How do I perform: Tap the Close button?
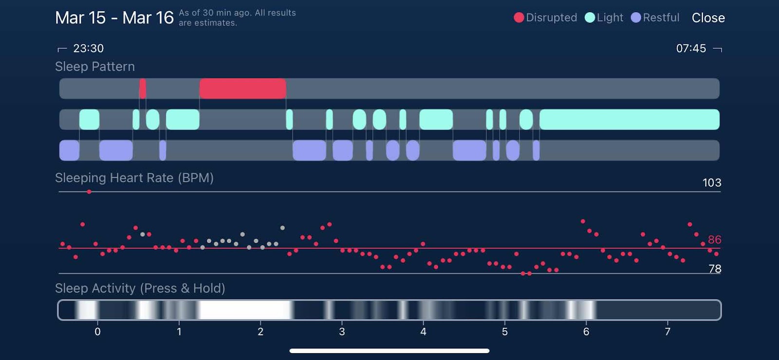(x=708, y=18)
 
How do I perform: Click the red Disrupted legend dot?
(x=519, y=18)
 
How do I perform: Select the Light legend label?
(x=610, y=18)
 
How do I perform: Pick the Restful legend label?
(x=661, y=18)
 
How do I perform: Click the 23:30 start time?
(x=88, y=48)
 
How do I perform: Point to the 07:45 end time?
(x=691, y=48)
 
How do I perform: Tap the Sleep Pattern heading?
(x=95, y=67)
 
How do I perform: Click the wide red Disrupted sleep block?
(x=242, y=89)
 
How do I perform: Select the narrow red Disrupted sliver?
(x=143, y=89)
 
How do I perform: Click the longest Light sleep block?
(x=629, y=119)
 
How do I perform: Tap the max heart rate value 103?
(x=711, y=183)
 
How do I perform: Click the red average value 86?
(x=714, y=240)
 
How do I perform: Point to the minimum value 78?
(x=715, y=269)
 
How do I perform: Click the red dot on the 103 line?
(x=89, y=192)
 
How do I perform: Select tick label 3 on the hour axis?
(x=342, y=332)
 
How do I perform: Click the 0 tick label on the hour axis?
(x=97, y=332)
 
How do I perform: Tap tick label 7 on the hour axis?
(x=668, y=332)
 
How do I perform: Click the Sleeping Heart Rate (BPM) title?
(x=134, y=178)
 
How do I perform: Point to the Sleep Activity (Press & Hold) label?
(x=140, y=288)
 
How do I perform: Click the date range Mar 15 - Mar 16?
(x=114, y=18)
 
